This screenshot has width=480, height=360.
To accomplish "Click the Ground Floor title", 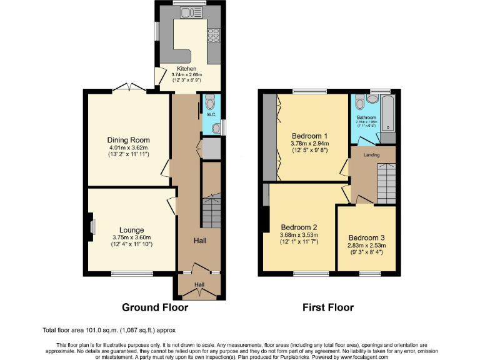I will pyautogui.click(x=154, y=307).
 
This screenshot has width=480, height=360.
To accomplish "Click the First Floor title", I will pyautogui.click(x=328, y=307).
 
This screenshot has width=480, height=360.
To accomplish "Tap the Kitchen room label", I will pyautogui.click(x=186, y=69).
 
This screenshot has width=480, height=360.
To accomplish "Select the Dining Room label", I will pyautogui.click(x=128, y=140).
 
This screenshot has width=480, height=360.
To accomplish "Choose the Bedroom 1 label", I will pyautogui.click(x=309, y=136).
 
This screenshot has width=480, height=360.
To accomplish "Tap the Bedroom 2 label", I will pyautogui.click(x=299, y=227).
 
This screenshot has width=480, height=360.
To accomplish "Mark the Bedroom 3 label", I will pyautogui.click(x=367, y=237).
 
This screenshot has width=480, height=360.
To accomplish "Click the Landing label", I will pyautogui.click(x=372, y=155).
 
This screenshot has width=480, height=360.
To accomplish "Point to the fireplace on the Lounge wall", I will pyautogui.click(x=92, y=226).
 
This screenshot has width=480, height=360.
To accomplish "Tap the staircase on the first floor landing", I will pyautogui.click(x=386, y=181).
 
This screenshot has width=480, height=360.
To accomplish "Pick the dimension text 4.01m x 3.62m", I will pyautogui.click(x=128, y=147).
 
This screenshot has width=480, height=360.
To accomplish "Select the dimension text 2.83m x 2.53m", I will pyautogui.click(x=367, y=246).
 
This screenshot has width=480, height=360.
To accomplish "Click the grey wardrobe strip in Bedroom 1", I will pyautogui.click(x=269, y=134).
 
